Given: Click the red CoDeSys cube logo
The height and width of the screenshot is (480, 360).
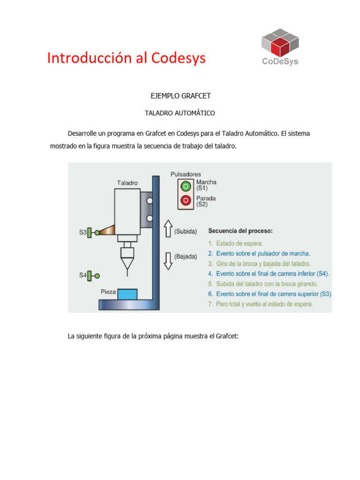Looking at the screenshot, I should click(280, 43).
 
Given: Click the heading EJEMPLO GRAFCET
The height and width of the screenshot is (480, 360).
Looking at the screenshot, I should click(180, 96).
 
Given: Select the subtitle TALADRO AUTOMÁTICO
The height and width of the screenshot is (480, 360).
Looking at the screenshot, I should click(180, 113).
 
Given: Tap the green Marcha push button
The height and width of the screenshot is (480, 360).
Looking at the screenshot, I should click(186, 186).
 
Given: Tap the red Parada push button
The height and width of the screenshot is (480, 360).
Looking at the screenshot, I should click(186, 201).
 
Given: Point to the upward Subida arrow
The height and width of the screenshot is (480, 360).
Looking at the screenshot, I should click(167, 230).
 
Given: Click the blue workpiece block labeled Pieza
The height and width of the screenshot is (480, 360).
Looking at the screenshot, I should click(127, 294).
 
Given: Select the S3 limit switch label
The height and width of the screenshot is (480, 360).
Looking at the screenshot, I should click(82, 232).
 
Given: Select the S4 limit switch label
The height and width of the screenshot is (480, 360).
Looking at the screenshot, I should click(82, 276).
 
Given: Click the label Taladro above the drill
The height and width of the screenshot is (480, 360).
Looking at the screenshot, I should click(127, 183).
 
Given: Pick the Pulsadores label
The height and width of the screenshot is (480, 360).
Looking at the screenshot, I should click(186, 174).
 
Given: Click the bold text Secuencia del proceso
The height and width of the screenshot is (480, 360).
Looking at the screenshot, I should click(240, 231).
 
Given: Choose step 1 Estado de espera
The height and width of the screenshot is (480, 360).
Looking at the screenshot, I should click(236, 243).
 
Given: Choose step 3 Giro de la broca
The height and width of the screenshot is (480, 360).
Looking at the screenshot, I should click(259, 263).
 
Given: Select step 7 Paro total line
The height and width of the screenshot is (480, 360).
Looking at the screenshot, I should click(261, 304).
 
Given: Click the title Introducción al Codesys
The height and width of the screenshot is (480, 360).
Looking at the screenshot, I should click(126, 58).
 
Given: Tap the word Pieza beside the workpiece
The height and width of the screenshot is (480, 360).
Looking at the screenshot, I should click(108, 292).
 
